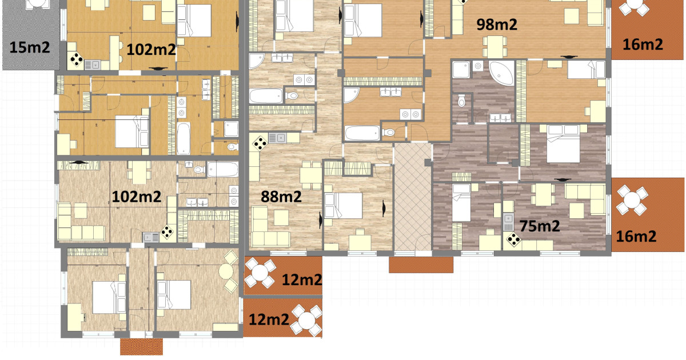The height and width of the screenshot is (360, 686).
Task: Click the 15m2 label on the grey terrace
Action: click(x=30, y=47)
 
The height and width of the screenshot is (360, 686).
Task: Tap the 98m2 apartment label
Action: click(x=497, y=25)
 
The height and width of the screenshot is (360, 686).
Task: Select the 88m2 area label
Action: click(x=281, y=197)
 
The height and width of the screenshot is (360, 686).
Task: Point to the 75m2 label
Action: click(x=540, y=226)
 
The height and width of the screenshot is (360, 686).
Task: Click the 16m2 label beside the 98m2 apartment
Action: click(x=643, y=45)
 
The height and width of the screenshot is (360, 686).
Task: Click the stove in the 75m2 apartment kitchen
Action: click(x=513, y=239)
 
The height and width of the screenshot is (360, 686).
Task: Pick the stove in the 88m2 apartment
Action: click(x=260, y=143)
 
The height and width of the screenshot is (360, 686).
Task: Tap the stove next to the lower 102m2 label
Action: click(x=167, y=233)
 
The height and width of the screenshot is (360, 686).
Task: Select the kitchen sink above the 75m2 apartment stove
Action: click(x=508, y=222)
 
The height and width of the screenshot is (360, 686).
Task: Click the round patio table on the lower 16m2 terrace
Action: click(x=632, y=200)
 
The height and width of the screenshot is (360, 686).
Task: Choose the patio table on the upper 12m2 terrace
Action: click(x=260, y=273)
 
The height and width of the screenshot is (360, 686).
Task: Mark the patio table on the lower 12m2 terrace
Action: click(x=306, y=321)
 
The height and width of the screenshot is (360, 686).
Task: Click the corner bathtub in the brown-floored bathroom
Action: click(x=501, y=73)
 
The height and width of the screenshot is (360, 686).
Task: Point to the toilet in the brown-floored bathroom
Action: click(x=461, y=101)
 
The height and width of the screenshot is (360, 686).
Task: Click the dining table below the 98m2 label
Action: click(x=494, y=46)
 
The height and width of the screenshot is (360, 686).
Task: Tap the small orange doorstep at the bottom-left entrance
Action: click(x=141, y=346)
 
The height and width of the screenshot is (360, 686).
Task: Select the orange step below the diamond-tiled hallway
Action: click(x=421, y=265)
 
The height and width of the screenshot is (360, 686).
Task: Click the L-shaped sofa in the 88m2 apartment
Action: click(x=269, y=228)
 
